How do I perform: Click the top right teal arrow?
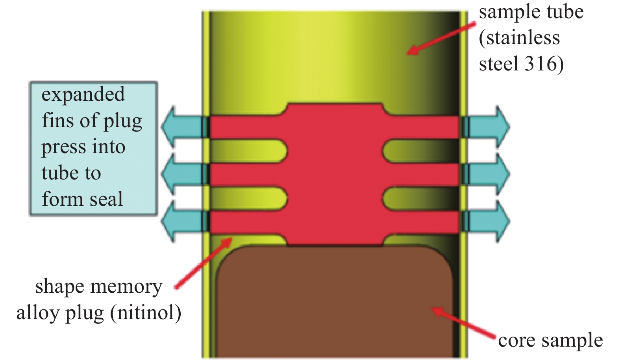[x=488, y=127]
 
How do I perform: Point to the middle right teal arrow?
[x=488, y=174]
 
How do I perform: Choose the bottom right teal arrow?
[x=488, y=221]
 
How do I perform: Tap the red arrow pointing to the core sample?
[x=465, y=323]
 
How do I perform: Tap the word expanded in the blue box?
[x=83, y=95]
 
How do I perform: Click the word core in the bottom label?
[x=516, y=341]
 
